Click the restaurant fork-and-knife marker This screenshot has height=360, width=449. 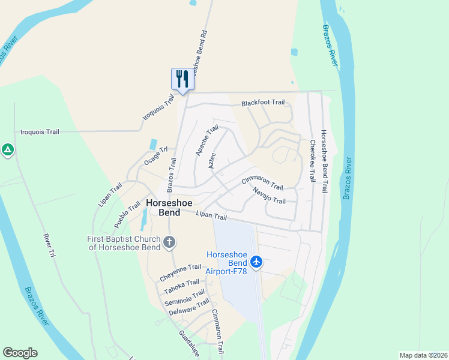[x=181, y=79]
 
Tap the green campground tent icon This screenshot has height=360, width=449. [x=7, y=149]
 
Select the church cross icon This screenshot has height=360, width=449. [x=170, y=243]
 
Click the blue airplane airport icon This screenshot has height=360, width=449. [x=257, y=262]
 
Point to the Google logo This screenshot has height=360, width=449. [x=20, y=353]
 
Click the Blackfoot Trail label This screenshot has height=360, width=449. [x=263, y=103]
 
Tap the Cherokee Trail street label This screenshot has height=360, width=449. [x=312, y=161]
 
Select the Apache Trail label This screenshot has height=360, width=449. [x=207, y=142]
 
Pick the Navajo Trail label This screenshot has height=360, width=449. [x=269, y=196]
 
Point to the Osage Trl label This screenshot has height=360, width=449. [x=155, y=157]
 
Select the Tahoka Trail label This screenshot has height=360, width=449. [x=181, y=287]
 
